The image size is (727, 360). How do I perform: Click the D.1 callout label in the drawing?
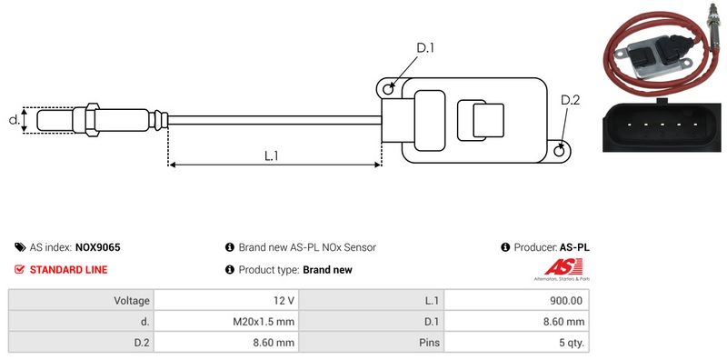point(424,48)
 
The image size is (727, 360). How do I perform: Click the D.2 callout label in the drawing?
point(571,100)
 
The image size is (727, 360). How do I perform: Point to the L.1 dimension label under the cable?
point(271,155)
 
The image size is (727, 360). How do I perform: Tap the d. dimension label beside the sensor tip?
point(15,120)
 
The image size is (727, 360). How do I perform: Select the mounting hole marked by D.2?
point(560,150)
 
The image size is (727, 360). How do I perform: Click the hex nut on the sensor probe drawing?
point(92,120)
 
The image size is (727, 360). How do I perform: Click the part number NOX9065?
point(98,247)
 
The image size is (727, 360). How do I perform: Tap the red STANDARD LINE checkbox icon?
point(19,269)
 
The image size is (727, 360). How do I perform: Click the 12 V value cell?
point(226,301)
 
